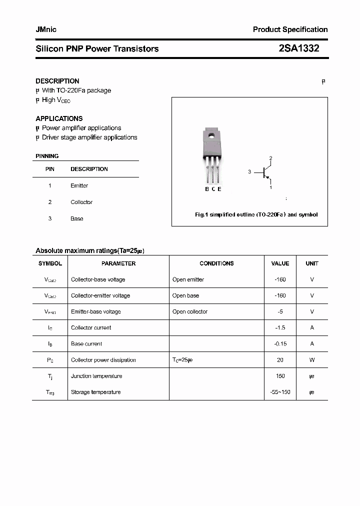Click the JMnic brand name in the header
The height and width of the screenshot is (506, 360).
[46, 29]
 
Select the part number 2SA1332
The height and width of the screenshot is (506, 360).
[298, 48]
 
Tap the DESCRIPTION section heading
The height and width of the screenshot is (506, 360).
[57, 81]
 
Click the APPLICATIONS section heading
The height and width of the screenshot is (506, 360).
[59, 118]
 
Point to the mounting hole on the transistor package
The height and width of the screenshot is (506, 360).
[212, 135]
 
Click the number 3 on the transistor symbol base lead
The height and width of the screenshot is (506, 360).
[249, 172]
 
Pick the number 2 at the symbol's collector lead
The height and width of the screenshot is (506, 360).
[270, 158]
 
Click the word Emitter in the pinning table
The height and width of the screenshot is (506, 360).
[79, 185]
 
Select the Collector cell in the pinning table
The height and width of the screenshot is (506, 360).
[81, 202]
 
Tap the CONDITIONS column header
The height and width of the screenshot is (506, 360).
[216, 263]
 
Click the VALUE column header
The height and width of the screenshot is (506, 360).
[280, 263]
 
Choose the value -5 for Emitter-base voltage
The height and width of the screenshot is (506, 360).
[280, 311]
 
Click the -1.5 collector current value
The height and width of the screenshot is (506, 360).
[280, 327]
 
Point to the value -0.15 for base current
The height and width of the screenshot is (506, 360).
[280, 343]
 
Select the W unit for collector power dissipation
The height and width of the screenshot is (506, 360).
[312, 360]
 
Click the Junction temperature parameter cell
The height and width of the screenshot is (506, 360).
[96, 376]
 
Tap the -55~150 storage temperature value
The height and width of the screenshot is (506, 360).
[280, 392]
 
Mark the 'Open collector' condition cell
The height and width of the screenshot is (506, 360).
[189, 311]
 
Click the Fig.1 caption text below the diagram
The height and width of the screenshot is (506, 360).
[256, 214]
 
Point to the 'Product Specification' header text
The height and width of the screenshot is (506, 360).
[290, 29]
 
